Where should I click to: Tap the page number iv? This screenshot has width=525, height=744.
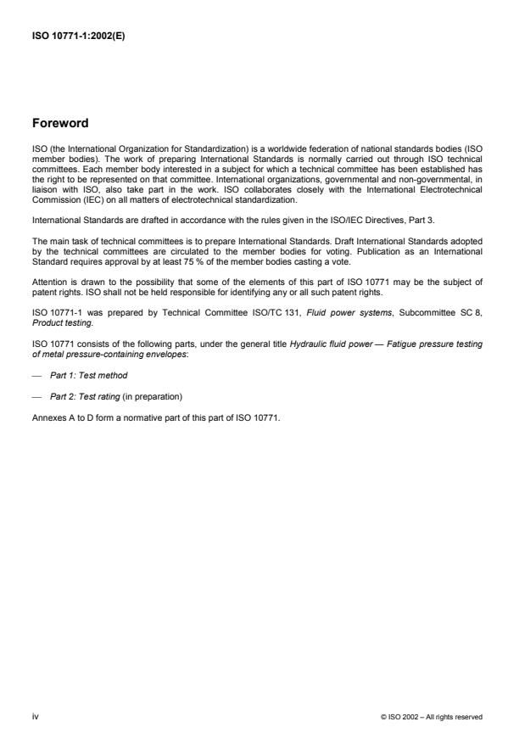(x=35, y=717)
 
